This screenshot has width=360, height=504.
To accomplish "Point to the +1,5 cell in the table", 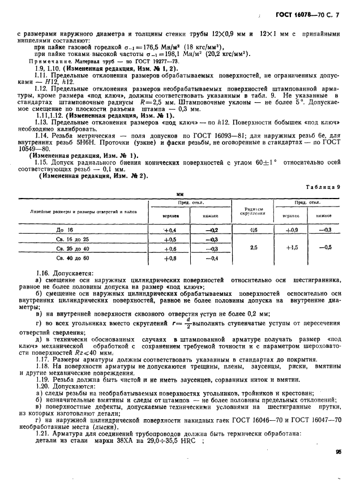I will (292, 247).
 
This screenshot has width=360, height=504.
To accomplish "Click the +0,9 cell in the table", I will (292, 230).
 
